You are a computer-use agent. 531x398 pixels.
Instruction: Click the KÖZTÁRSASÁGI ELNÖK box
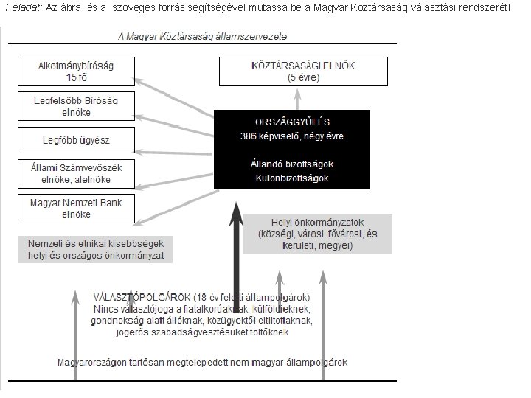pos(298,70)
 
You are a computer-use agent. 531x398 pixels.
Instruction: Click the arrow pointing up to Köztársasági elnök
pos(299,97)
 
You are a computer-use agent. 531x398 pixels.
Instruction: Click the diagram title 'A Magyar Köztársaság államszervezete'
pos(203,36)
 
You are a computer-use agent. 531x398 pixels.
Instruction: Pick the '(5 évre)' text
pos(298,76)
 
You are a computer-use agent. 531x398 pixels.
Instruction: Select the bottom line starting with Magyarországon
pos(203,362)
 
